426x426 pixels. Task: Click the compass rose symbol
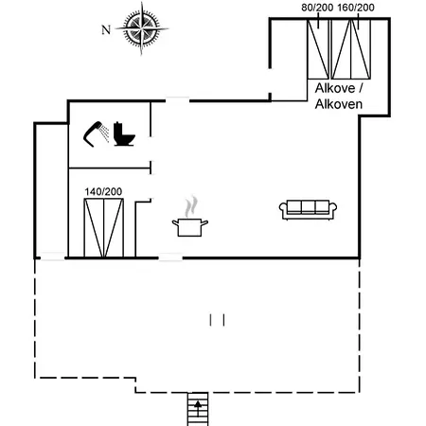pos(142,28)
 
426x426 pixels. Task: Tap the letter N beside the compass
pos(106,30)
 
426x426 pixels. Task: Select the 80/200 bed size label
pos(317,8)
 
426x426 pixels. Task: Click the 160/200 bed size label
pos(356,8)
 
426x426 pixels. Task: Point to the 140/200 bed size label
pos(103,191)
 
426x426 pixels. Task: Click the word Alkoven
pos(339,104)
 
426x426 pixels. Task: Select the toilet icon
pos(124,133)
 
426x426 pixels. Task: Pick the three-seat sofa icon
pos(308,210)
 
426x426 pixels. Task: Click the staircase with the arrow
pos(198,409)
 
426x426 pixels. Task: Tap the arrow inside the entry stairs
pos(198,408)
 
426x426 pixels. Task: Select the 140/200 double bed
pos(104,228)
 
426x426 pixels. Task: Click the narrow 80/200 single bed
pos(318,49)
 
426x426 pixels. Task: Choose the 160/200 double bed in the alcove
pos(351,49)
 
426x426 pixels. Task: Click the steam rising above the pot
pos(191,206)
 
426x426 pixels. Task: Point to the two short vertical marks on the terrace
pos(217,320)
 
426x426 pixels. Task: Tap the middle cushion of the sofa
pos(309,207)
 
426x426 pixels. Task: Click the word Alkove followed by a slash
pos(339,88)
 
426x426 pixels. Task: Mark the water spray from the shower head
pos(104,133)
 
